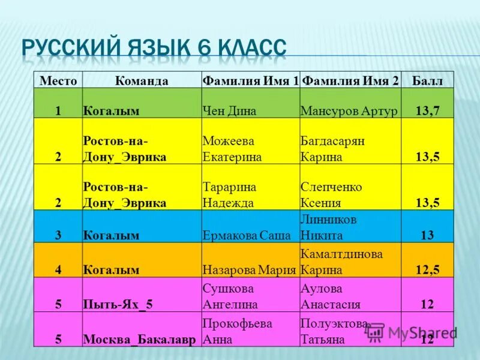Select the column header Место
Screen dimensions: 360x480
coord(58,81)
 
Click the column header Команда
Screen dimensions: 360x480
coord(142,81)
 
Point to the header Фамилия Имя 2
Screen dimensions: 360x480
coord(350,81)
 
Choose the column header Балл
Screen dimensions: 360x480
coord(427,81)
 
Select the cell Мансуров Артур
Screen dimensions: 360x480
coord(349,110)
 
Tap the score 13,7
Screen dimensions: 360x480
coord(427,110)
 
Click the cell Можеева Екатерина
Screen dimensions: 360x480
coord(232,149)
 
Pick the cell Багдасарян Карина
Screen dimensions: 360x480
coord(332,149)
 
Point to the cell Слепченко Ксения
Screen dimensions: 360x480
coord(331,194)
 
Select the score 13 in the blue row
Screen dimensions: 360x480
coord(427,235)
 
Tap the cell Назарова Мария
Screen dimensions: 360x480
coord(250,269)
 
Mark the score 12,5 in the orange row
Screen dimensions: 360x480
coord(427,269)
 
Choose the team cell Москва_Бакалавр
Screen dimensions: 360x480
coord(139,339)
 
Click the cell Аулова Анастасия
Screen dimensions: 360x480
coord(331,296)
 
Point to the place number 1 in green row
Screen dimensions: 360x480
coord(59,110)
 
